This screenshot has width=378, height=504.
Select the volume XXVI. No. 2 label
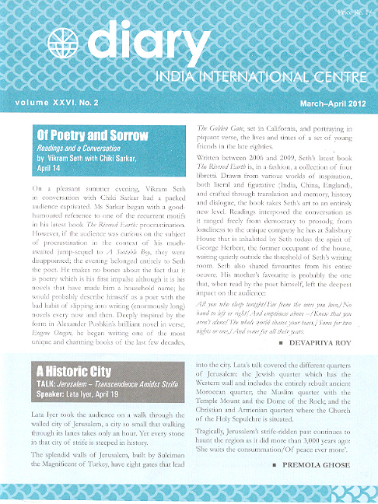click(51, 102)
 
